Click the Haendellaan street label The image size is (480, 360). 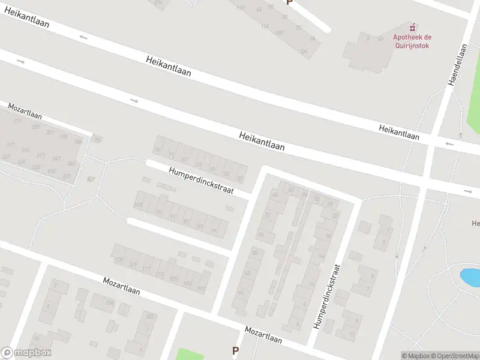point(458,65)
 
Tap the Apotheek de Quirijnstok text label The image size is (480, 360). point(412,40)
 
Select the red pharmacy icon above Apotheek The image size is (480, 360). point(413,27)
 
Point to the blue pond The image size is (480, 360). point(469,278)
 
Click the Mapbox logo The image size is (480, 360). point(26,353)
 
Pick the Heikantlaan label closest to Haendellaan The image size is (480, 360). point(398,133)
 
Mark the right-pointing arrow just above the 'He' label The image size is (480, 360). point(468,191)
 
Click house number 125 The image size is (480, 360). point(118,260)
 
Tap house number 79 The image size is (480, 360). point(214,231)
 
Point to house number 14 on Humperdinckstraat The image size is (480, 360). point(321,256)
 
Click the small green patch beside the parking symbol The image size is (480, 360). point(190,354)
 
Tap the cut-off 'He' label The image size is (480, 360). point(475,224)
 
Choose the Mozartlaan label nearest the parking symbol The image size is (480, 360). point(263,334)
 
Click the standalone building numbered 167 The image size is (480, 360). point(91,179)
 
